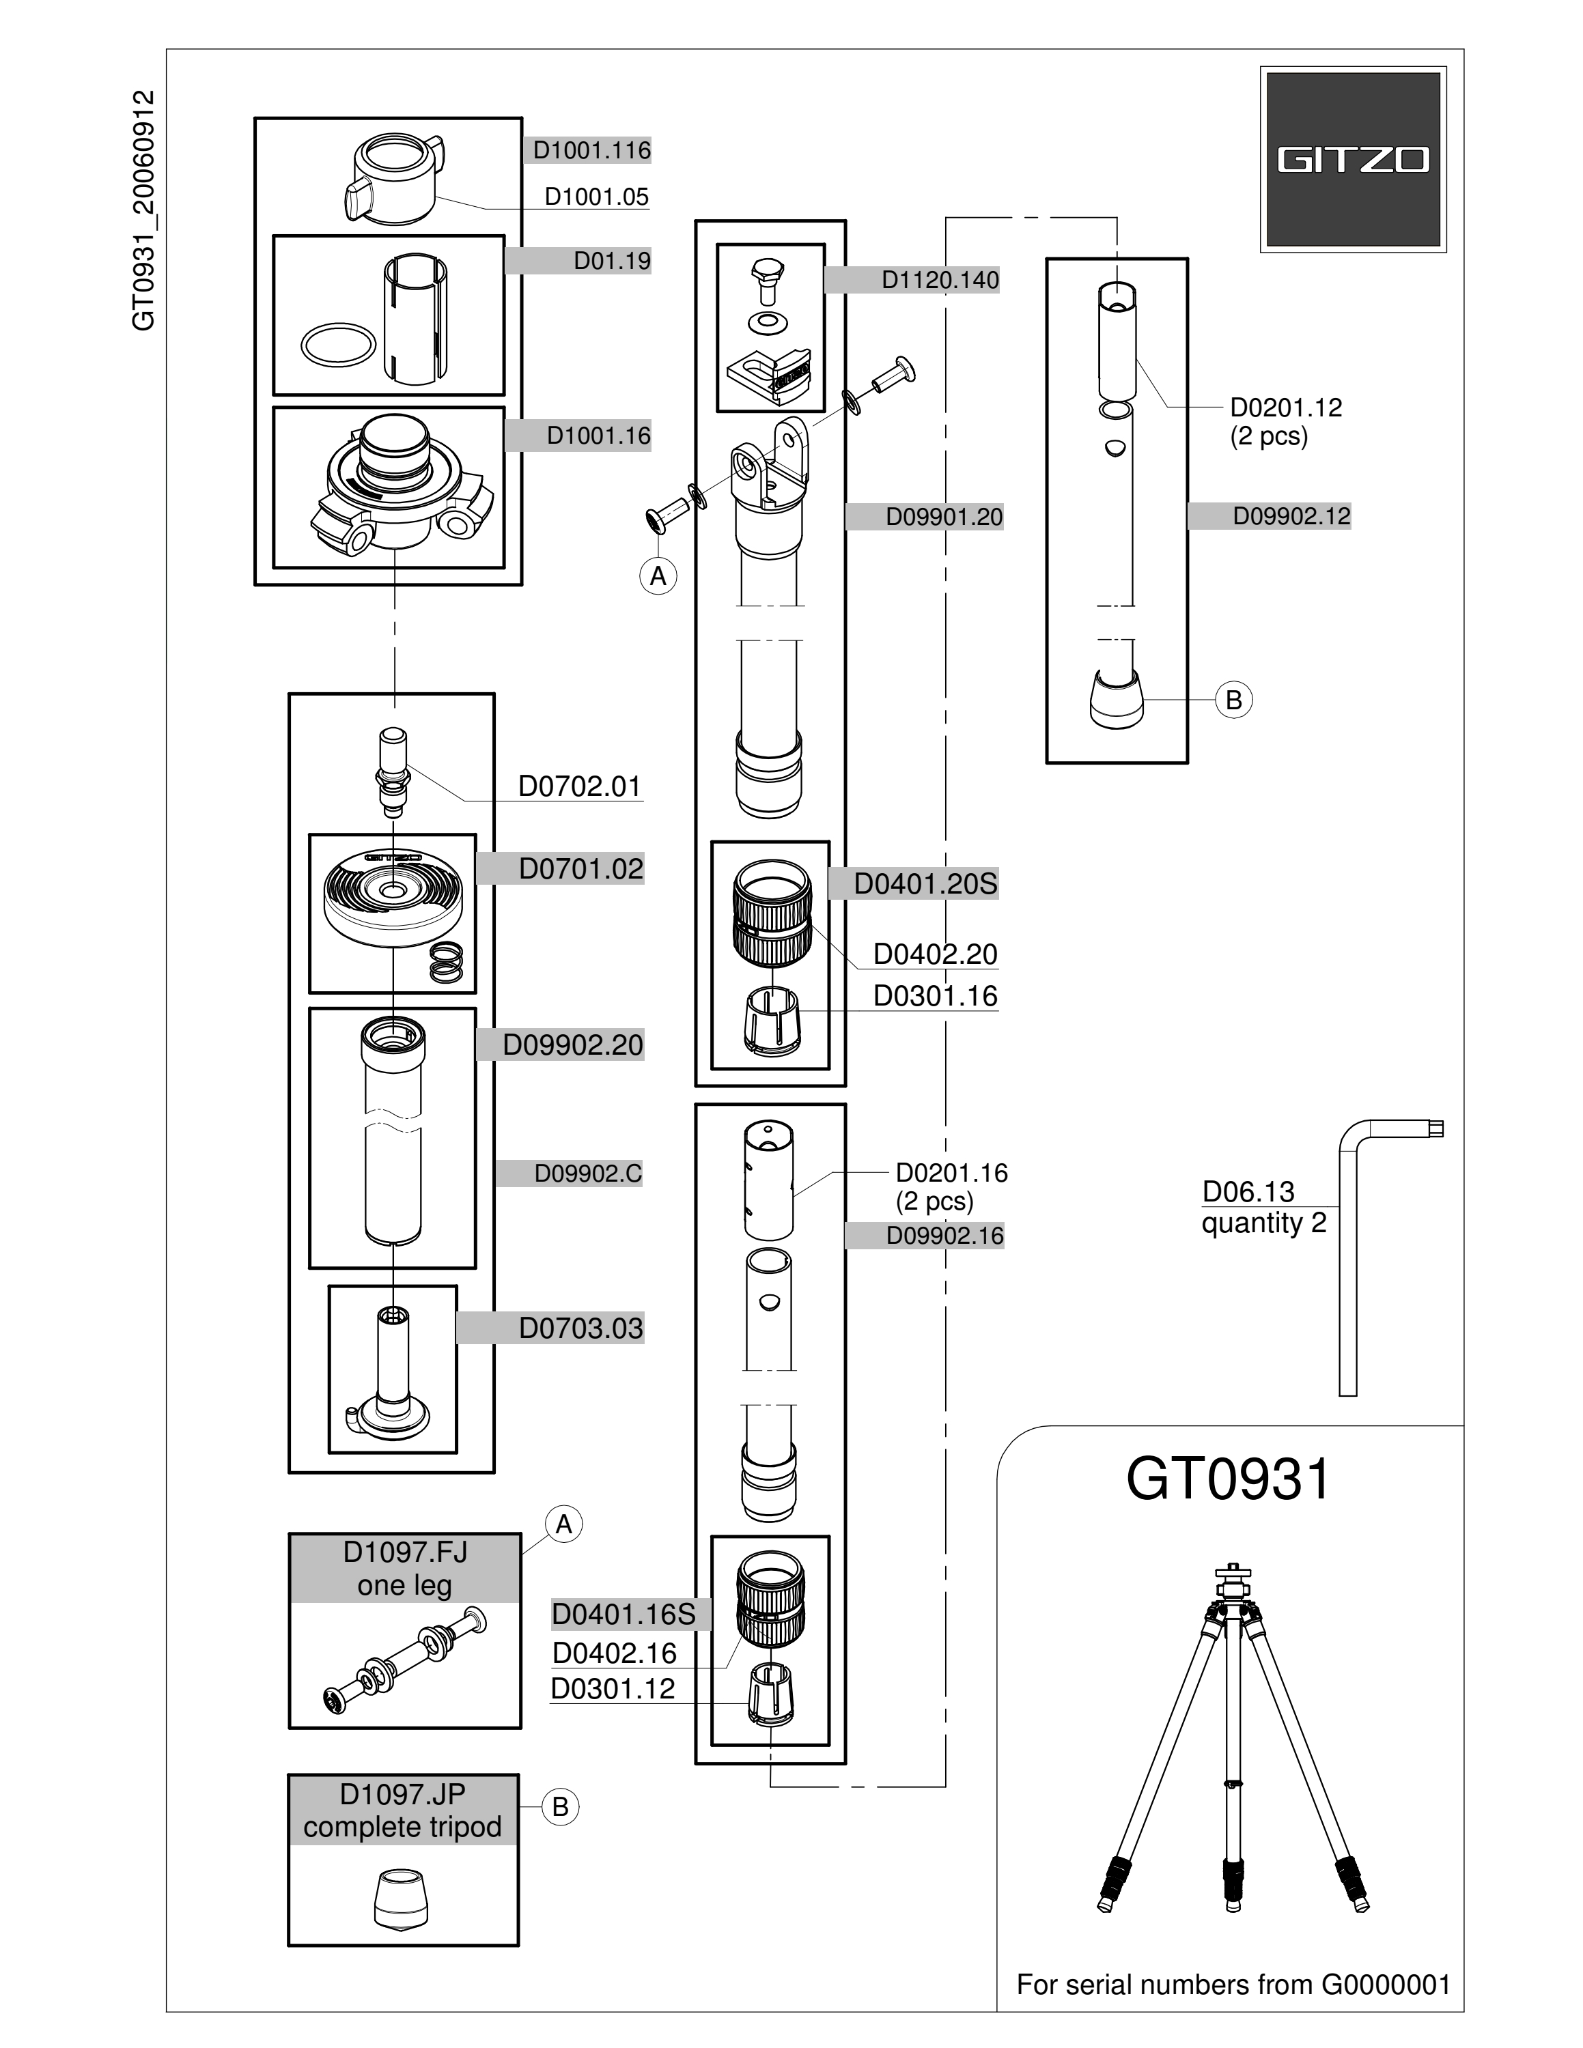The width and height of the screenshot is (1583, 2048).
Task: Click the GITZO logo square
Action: [1352, 160]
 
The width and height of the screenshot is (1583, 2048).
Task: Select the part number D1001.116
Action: [592, 150]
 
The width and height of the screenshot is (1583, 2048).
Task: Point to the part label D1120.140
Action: [940, 279]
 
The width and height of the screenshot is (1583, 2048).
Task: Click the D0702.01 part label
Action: [580, 786]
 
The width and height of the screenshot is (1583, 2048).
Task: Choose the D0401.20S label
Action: [925, 883]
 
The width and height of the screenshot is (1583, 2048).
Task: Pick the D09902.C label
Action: [588, 1173]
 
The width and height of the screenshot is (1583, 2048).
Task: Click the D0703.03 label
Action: [581, 1328]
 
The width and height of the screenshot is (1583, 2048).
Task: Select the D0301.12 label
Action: [613, 1688]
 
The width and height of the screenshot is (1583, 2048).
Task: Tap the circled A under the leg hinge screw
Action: [658, 575]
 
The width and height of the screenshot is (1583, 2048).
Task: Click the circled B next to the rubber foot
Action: [1234, 700]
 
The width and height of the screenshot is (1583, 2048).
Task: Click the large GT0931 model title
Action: [1229, 1480]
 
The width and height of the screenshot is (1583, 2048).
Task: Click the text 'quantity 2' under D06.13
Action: [1264, 1223]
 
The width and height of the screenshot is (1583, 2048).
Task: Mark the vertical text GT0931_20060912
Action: [143, 210]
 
